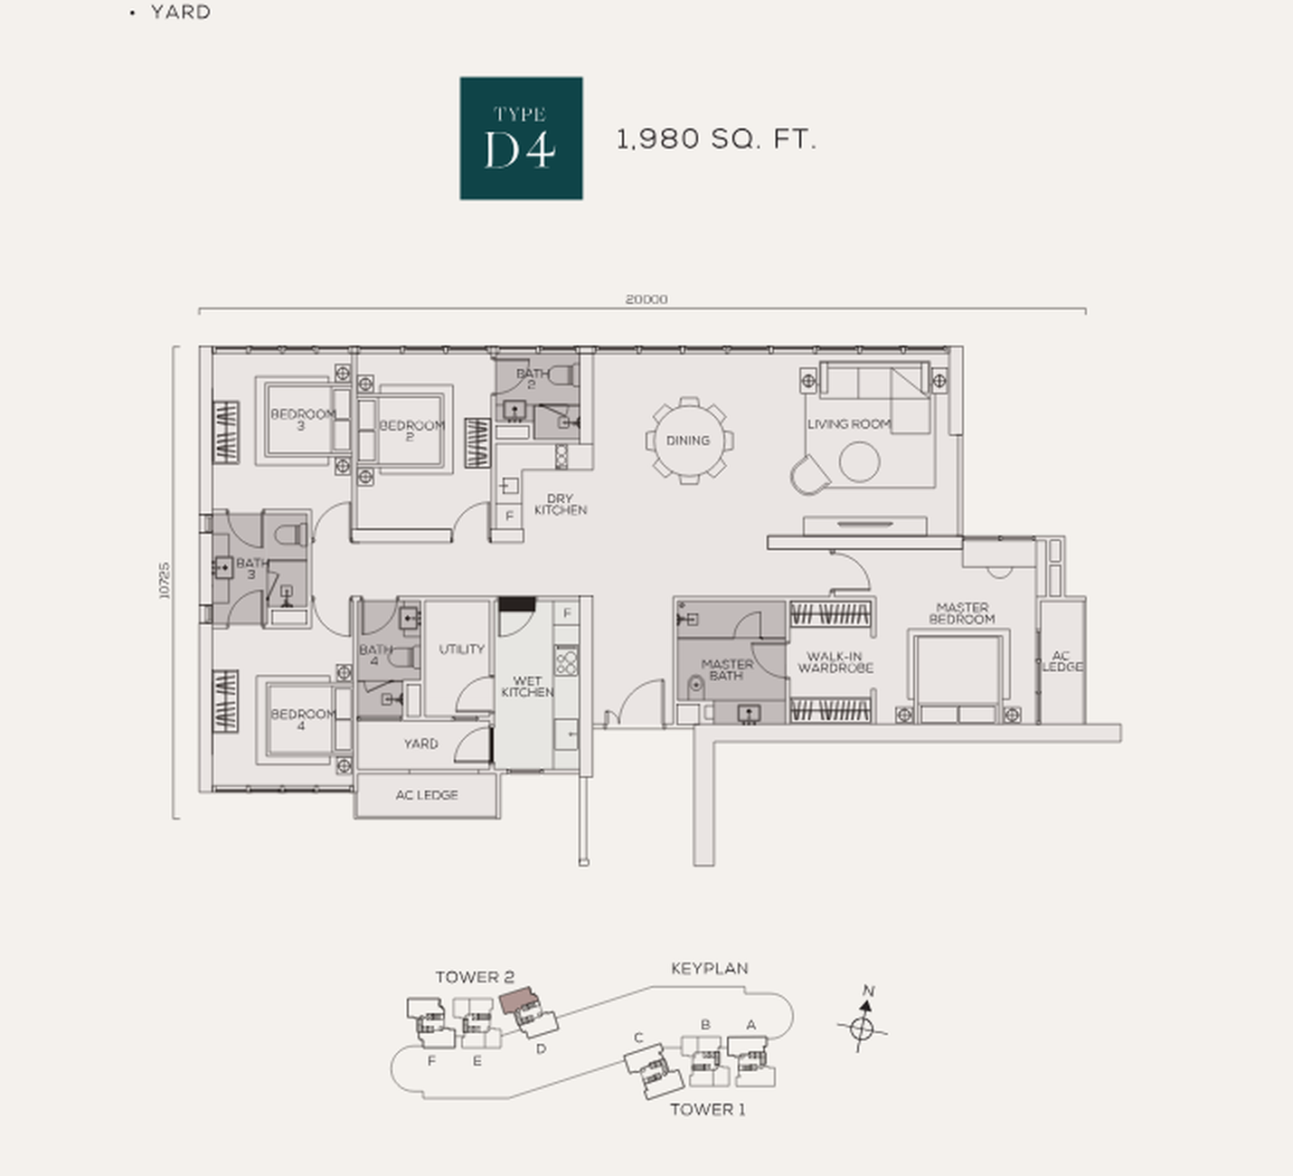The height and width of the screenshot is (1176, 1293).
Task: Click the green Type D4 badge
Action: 521,138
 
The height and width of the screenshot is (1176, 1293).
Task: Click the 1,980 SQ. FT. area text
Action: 716,139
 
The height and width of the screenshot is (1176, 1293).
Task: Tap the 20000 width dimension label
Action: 646,299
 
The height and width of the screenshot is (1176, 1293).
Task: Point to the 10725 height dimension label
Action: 165,580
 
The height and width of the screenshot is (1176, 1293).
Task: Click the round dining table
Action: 689,441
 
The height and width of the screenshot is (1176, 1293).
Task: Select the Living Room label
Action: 849,424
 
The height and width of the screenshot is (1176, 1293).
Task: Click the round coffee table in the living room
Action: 859,461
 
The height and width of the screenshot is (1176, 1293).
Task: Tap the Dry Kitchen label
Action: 560,505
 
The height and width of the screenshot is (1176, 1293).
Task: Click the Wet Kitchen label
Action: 527,687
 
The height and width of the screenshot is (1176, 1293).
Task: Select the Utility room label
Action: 461,649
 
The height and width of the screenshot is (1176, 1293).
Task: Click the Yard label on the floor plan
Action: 420,744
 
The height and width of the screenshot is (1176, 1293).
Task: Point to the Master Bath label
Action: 726,669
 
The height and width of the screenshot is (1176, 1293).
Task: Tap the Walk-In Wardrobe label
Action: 835,662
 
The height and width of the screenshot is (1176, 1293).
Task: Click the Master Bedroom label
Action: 962,612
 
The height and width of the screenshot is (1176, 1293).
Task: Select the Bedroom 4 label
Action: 303,719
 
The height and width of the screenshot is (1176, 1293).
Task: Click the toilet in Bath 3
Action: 291,535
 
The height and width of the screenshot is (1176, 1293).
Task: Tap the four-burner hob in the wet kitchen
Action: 567,662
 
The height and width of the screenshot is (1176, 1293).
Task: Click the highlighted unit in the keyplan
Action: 518,1000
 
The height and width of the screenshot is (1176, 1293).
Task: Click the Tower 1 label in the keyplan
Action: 708,1110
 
